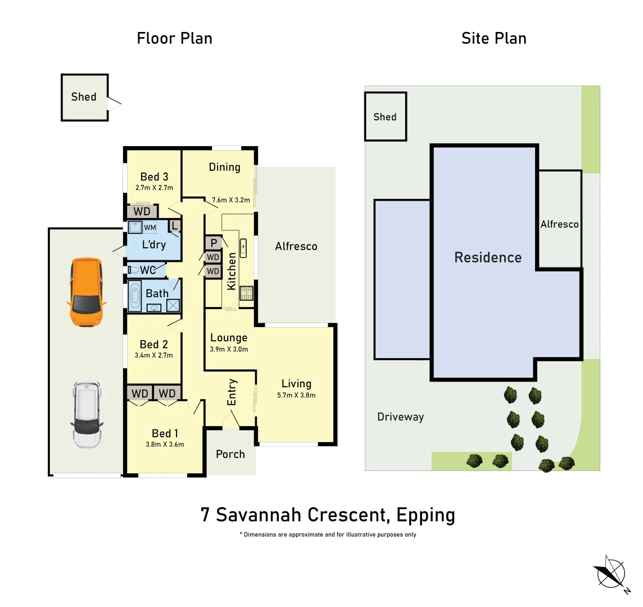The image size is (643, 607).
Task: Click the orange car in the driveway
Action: (86, 292)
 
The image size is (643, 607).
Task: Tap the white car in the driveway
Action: (87, 415)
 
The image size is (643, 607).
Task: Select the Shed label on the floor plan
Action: (84, 97)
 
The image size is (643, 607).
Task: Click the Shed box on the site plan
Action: (385, 117)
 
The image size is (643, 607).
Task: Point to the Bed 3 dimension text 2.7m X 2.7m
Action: (154, 188)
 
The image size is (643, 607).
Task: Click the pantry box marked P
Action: (214, 243)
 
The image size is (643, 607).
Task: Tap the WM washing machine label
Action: (150, 228)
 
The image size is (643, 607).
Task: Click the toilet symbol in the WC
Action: (133, 270)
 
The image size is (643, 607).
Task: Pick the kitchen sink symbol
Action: (243, 246)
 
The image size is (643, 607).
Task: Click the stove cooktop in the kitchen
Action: (246, 293)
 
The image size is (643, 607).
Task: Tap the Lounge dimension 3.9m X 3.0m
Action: (229, 349)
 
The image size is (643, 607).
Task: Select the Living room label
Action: (296, 384)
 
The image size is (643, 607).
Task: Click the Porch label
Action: (230, 454)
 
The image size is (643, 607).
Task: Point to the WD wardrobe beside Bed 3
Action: (142, 211)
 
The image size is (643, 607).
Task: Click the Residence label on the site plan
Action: (488, 257)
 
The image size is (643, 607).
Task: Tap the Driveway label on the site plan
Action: (400, 417)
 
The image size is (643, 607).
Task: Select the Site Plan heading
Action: (493, 38)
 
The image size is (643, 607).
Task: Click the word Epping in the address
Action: (425, 515)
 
